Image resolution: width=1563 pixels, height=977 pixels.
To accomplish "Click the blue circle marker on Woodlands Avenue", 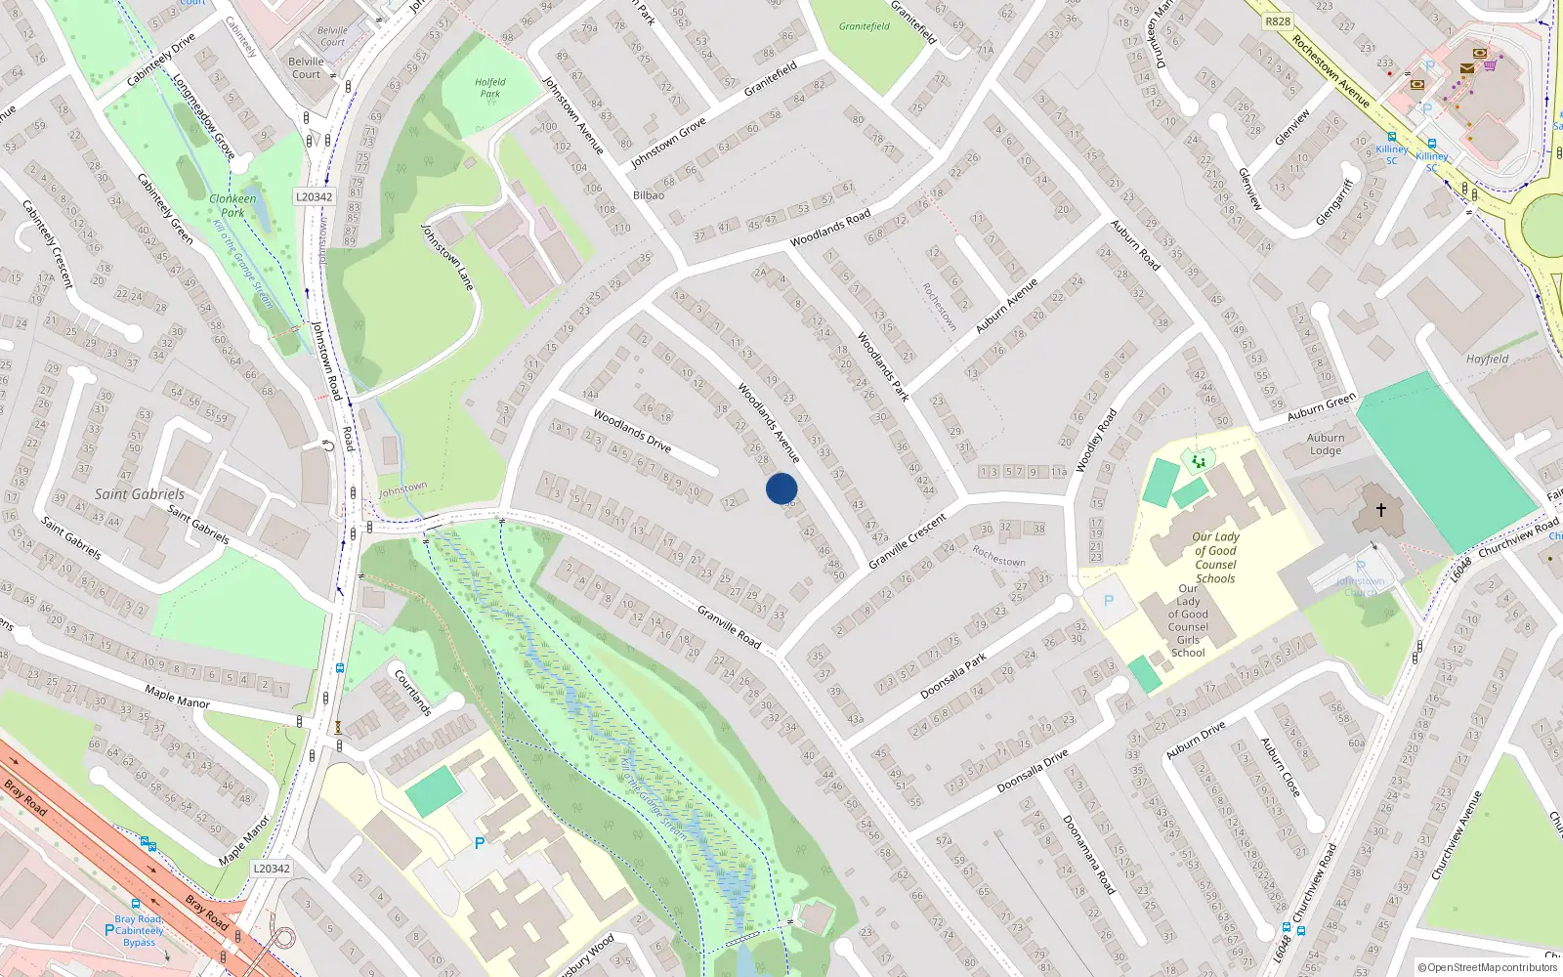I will [x=781, y=488].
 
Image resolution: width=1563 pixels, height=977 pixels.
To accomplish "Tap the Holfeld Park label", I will [x=490, y=88].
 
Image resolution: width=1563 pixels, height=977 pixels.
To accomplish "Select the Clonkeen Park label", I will [x=232, y=205].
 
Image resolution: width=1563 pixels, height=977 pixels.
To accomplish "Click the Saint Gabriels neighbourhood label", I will [x=140, y=494].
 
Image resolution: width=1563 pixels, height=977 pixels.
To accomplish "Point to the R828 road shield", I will [x=1277, y=21].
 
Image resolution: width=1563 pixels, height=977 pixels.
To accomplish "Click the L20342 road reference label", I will [x=314, y=196].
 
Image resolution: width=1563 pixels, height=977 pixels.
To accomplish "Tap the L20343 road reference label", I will [x=272, y=869].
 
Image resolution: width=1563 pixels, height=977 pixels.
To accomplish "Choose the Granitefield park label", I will [x=865, y=26].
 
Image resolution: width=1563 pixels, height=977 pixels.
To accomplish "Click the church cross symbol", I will [x=1381, y=509].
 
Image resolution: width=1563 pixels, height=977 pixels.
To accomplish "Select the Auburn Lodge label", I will [x=1326, y=445].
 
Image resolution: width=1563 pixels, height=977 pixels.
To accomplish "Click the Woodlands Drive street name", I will [x=632, y=431].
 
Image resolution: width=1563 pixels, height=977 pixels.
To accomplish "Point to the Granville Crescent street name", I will [x=908, y=541].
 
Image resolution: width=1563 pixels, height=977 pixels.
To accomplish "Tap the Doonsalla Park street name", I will [x=953, y=677].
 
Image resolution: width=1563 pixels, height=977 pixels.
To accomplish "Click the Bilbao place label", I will [x=649, y=195].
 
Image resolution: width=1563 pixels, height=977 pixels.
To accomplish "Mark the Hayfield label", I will [x=1487, y=359].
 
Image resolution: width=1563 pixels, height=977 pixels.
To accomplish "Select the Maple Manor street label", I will [x=177, y=697].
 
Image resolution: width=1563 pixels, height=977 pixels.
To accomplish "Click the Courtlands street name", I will [x=413, y=692].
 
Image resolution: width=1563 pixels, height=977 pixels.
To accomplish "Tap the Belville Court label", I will [x=306, y=67].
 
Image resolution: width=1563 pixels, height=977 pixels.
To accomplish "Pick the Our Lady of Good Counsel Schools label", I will [x=1215, y=558].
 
